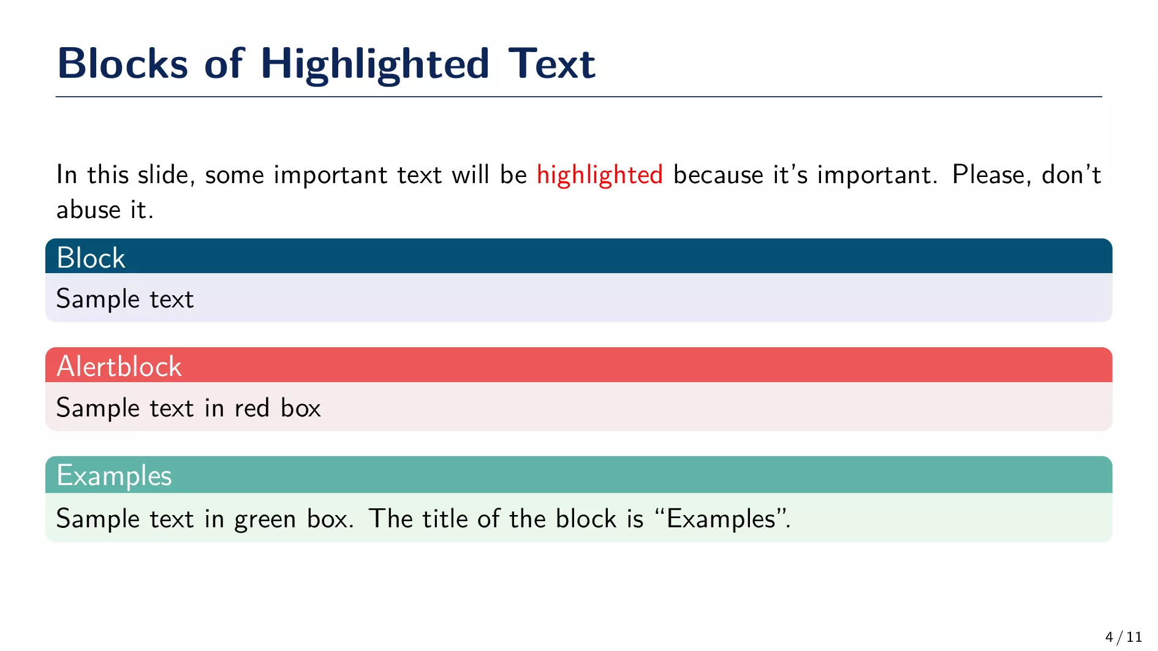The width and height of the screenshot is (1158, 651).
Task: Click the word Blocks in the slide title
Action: [123, 63]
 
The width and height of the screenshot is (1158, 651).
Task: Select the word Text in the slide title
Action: [551, 63]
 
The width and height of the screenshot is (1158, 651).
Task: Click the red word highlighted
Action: [600, 176]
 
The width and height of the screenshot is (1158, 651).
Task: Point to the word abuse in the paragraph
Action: [89, 209]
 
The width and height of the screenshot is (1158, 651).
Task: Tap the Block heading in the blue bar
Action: [91, 258]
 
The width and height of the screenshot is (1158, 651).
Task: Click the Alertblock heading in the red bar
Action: [119, 367]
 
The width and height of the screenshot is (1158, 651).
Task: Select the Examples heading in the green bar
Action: [115, 476]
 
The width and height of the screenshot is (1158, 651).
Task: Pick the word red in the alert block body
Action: [252, 408]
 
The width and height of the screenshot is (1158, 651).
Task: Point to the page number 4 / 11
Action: [1124, 637]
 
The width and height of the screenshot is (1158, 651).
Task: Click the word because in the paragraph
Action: [718, 175]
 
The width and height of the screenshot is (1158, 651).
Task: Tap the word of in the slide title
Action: [224, 63]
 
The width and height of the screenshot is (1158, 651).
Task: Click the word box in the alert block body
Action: [301, 408]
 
